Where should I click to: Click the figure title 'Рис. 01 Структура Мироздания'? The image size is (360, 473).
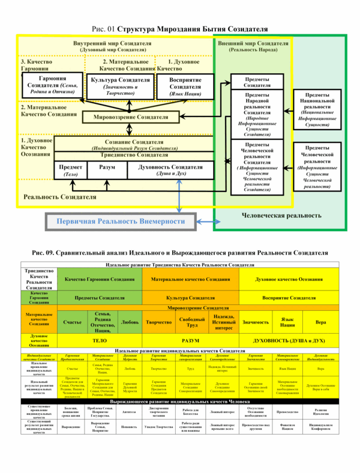point(180,29)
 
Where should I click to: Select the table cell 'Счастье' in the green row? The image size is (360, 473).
point(73,322)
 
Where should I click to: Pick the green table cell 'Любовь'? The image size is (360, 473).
point(130,322)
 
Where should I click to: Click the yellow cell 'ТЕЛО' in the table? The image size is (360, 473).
point(100,340)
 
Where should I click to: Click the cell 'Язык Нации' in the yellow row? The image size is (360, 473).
point(287,322)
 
